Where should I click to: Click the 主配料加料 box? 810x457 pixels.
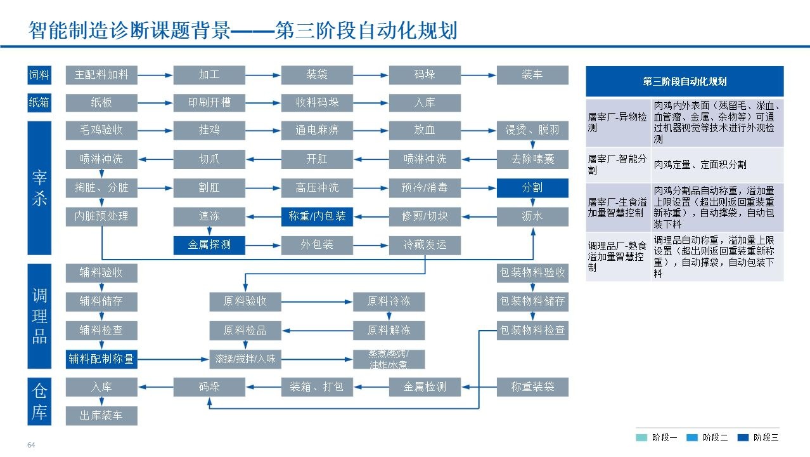click(x=101, y=75)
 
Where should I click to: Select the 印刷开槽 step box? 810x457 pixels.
click(x=209, y=103)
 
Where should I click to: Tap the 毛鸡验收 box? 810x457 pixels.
click(x=101, y=130)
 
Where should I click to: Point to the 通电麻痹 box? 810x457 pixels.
click(x=317, y=130)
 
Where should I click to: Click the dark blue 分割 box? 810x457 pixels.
click(x=532, y=188)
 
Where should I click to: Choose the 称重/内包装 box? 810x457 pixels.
click(x=317, y=216)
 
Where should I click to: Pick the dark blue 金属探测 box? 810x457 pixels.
click(x=209, y=245)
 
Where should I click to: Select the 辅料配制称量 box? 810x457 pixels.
click(x=101, y=359)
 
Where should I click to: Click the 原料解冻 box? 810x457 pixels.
click(x=389, y=331)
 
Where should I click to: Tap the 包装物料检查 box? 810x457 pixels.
click(x=532, y=331)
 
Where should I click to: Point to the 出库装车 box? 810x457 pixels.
click(x=101, y=416)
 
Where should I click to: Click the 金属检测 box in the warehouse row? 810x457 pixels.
click(x=425, y=387)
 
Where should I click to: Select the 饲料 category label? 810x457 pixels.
click(x=39, y=75)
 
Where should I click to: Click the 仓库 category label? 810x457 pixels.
click(x=39, y=401)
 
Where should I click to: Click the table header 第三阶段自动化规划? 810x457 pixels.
click(x=685, y=81)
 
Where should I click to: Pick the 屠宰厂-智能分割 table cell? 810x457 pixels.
click(x=618, y=164)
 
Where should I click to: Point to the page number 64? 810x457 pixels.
click(x=31, y=446)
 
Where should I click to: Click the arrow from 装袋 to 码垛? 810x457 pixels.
click(x=371, y=75)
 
